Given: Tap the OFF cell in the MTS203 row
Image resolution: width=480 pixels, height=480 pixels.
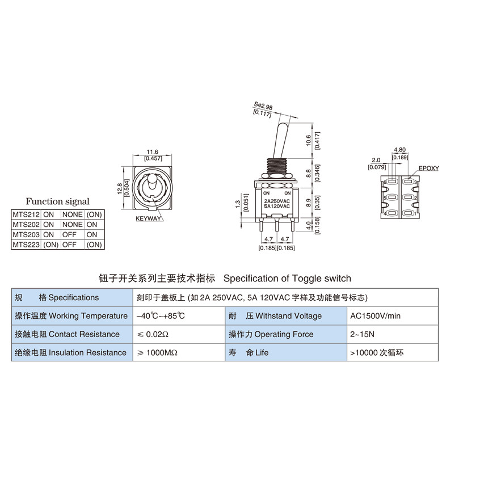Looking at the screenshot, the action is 69,234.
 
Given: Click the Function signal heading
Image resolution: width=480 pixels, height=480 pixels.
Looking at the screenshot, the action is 57,201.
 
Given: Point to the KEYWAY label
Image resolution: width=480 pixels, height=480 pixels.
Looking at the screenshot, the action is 148,218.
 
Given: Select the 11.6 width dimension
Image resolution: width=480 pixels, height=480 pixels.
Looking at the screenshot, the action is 152,151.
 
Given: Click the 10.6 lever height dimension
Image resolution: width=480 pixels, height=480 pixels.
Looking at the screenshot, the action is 308,140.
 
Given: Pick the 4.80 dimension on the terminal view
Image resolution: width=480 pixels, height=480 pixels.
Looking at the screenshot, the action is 399,150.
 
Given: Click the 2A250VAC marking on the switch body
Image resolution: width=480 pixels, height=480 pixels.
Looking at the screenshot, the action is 277,201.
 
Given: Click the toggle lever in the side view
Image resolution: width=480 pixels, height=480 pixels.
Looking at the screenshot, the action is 280,136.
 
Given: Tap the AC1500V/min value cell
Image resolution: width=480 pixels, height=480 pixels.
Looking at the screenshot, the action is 375,316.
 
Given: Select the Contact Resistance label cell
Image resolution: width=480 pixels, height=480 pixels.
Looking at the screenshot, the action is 67,334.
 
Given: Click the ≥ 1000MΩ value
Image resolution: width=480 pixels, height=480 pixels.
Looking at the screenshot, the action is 157,352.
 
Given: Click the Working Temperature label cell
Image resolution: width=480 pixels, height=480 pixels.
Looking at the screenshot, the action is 71,316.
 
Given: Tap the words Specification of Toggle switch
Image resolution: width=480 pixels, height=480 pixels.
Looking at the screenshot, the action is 287,278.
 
